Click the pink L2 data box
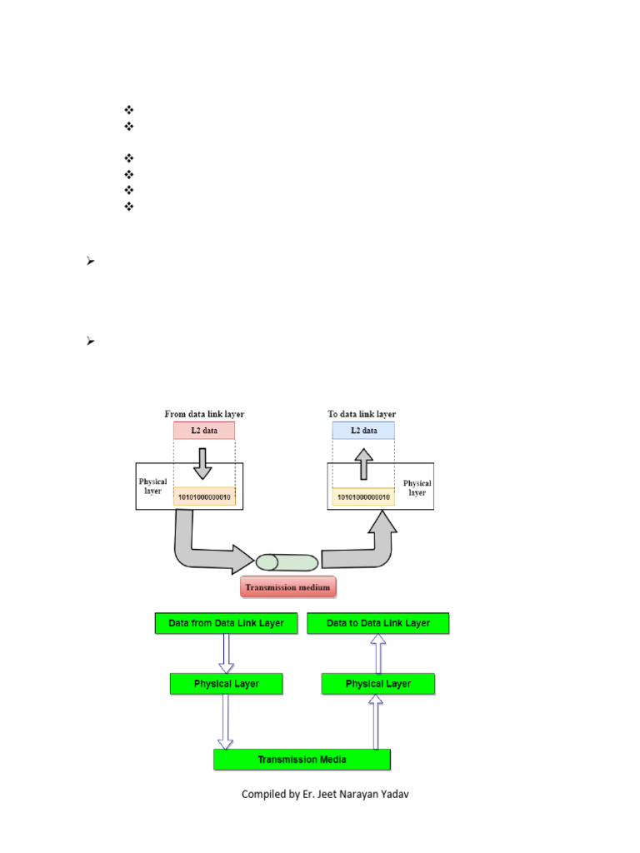tap(204, 431)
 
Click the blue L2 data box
tap(363, 431)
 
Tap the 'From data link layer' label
tap(204, 414)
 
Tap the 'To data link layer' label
tap(362, 414)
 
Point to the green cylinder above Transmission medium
tap(287, 562)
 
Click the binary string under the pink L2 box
tap(204, 497)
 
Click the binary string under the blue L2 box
tap(363, 497)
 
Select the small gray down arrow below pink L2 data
tap(204, 463)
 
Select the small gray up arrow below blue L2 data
tap(363, 463)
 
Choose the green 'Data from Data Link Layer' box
tap(226, 623)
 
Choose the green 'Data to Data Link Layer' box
tap(378, 623)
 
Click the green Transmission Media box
tap(302, 759)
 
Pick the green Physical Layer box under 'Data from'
tap(226, 684)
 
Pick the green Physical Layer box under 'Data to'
tap(378, 684)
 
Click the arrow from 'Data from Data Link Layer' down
tap(226, 653)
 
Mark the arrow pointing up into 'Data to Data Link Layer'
tap(378, 653)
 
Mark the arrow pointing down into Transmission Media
tap(226, 721)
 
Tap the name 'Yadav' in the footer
tap(393, 795)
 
